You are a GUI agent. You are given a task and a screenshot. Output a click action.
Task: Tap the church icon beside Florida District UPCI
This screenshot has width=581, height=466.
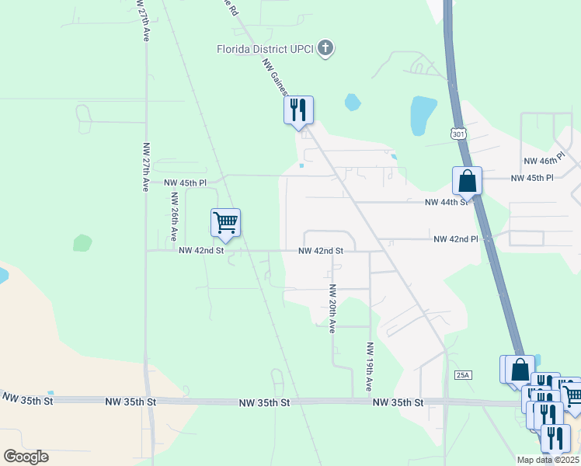coord(325,49)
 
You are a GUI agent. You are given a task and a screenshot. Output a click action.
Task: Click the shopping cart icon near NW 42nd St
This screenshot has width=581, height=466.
coord(225,222)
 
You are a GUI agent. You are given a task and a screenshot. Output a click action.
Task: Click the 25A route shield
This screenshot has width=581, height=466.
coord(463,375)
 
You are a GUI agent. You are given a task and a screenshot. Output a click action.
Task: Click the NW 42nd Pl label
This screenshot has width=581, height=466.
coord(455,240)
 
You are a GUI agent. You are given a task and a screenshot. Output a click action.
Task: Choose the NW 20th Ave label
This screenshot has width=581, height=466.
coord(332,308)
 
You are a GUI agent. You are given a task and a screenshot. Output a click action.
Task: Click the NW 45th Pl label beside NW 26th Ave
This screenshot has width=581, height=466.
coord(185,183)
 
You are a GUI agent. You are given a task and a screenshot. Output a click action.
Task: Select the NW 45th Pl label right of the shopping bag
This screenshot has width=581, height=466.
coord(532,178)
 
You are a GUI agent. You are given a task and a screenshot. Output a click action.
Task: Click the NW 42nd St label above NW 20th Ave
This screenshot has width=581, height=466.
coord(321,251)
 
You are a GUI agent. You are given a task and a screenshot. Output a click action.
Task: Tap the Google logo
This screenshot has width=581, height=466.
coord(26,457)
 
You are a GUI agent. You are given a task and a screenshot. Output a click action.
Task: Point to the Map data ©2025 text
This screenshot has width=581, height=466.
coord(548,460)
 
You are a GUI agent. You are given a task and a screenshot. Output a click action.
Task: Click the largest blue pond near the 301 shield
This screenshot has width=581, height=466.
coord(424,115)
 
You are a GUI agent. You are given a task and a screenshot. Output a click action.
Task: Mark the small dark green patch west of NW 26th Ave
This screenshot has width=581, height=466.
coord(82,243)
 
